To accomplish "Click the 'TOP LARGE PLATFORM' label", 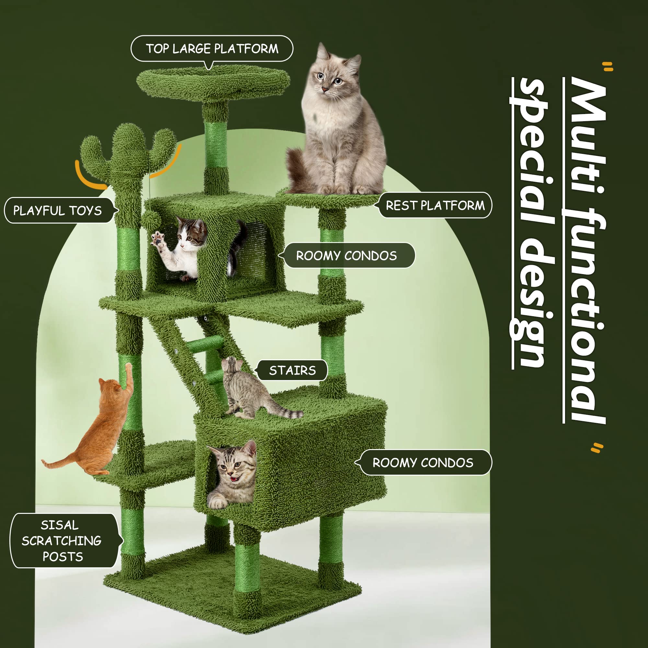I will click(212, 49).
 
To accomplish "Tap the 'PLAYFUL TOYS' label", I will click(58, 211).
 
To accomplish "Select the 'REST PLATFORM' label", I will click(435, 205).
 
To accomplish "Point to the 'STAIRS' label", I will click(292, 370).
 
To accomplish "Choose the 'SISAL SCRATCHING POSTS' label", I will click(63, 541).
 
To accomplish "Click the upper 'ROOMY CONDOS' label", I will click(346, 256).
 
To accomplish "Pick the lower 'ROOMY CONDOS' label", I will click(423, 463).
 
